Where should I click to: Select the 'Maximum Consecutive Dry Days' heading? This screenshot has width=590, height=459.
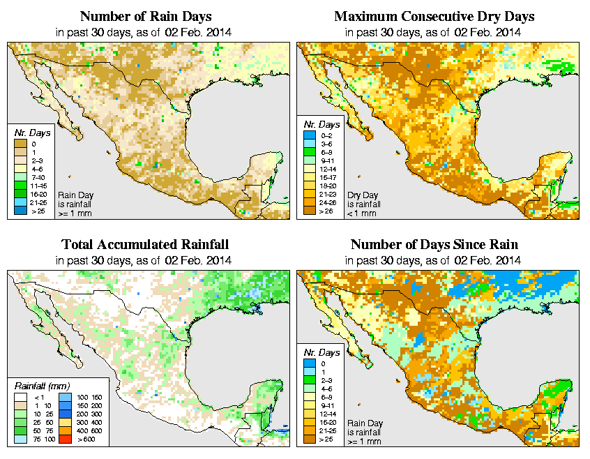point(434,16)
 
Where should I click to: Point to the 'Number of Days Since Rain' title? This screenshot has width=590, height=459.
point(434,245)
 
